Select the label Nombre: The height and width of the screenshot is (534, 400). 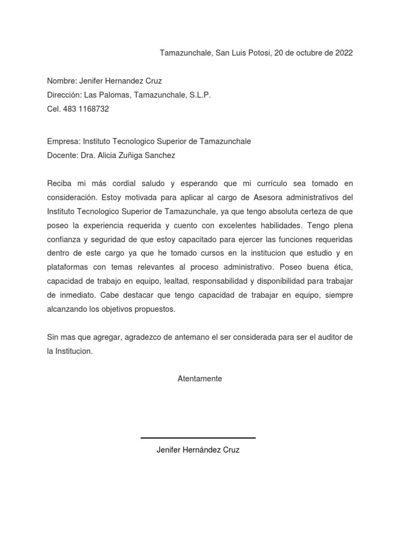pos(62,81)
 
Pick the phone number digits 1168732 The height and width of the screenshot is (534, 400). pos(95,109)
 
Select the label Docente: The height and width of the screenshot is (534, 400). pos(63,155)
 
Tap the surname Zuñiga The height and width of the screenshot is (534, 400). pos(135,155)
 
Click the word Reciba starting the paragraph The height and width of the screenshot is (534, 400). pos(59,184)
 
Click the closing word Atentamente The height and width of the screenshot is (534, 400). pos(199,379)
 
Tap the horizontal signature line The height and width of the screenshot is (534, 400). pos(198,438)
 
